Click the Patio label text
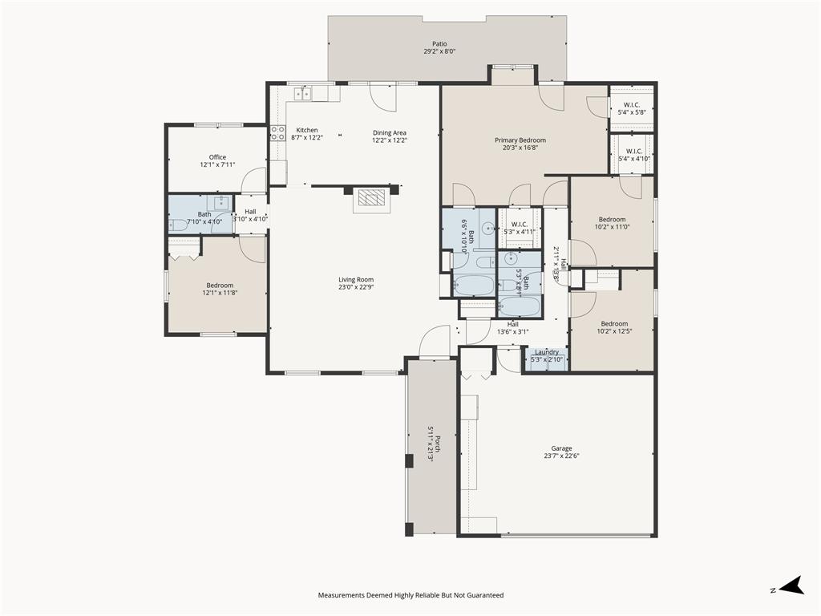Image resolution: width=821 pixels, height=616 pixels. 439,44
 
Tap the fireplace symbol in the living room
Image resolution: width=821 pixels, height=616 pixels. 371,197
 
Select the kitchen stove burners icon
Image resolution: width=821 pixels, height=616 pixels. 277,132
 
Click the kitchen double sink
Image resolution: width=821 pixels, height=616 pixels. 303,94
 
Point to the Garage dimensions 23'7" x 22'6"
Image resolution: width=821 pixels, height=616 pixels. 561,456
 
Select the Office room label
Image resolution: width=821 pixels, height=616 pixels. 217,157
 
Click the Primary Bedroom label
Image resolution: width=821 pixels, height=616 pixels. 520,140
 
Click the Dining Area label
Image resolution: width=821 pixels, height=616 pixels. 389,132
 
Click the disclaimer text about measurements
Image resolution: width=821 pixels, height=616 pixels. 410,595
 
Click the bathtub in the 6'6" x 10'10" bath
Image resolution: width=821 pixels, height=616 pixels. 473,285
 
